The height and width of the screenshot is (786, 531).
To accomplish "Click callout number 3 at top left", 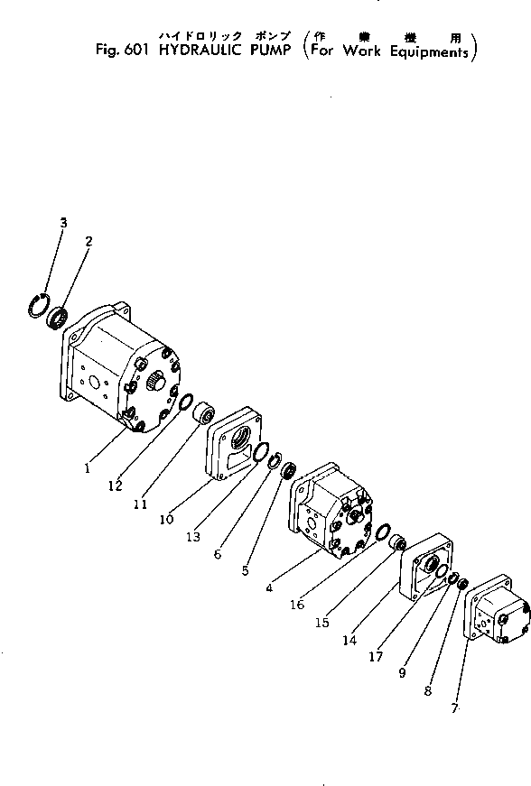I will click(63, 222).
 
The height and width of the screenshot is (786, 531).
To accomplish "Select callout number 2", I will click(88, 241).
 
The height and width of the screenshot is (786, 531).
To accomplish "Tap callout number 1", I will click(87, 468).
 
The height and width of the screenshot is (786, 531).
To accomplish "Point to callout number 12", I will click(114, 486).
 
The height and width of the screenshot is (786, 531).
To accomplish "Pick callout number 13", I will click(192, 537).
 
